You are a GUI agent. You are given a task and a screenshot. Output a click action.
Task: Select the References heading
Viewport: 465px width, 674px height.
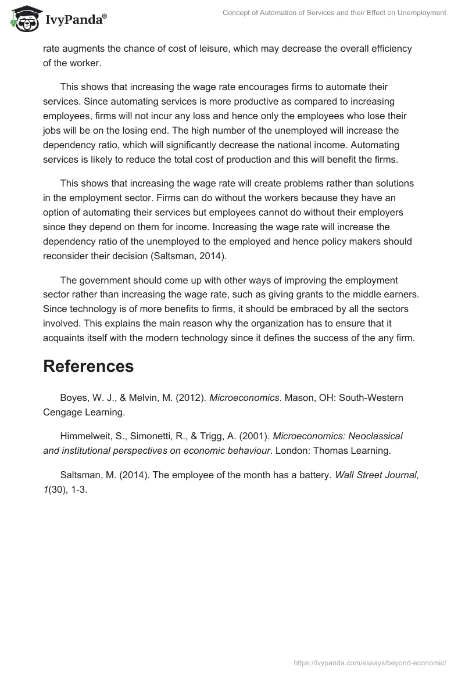(x=88, y=366)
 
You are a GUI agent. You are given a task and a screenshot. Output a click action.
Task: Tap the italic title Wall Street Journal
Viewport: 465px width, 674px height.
(x=377, y=475)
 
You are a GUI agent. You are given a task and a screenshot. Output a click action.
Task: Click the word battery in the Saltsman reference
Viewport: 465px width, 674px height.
(x=313, y=475)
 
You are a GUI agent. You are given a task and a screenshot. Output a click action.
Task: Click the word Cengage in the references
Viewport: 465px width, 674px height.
(x=62, y=412)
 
